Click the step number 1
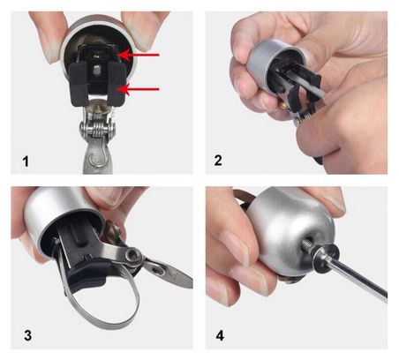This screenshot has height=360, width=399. (26, 161)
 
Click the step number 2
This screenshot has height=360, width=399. (218, 161)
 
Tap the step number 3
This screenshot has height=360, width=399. (27, 335)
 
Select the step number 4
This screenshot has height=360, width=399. (220, 335)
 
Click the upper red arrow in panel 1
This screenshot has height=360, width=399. (139, 55)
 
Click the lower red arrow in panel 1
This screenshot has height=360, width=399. (139, 89)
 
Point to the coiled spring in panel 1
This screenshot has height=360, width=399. (97, 130)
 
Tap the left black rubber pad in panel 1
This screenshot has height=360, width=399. (79, 85)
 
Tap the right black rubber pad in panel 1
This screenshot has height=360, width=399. (117, 83)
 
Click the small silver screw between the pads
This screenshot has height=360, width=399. (96, 70)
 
